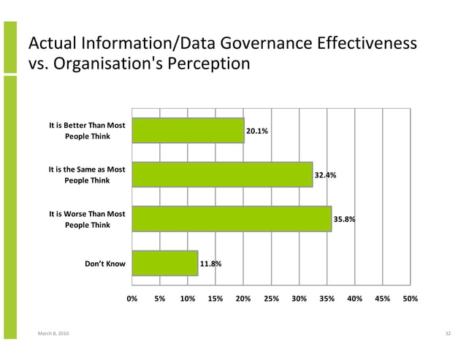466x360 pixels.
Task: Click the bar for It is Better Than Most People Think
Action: pos(188,131)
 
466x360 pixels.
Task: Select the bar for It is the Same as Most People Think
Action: pos(222,175)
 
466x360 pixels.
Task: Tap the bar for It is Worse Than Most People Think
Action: pos(232,218)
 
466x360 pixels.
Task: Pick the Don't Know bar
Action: pos(165,263)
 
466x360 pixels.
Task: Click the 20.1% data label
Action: pos(256,131)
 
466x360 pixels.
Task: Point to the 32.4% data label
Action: pos(325,175)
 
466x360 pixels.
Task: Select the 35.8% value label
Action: pos(344,219)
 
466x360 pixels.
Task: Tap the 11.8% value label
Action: pos(211,263)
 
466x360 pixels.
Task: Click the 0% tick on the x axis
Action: pos(132,299)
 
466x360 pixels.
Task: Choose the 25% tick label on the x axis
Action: pos(271,299)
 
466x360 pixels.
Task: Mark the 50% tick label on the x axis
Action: pos(410,299)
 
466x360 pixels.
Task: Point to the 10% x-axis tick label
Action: pos(188,299)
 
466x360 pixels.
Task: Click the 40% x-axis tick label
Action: pos(354,299)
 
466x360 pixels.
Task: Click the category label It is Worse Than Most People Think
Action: pos(87,219)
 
